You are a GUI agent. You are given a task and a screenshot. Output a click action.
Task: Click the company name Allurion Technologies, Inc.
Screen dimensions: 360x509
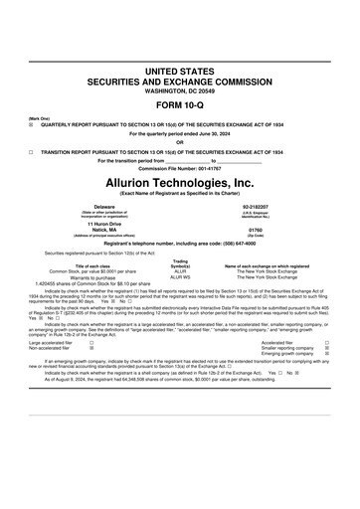coord(179,183)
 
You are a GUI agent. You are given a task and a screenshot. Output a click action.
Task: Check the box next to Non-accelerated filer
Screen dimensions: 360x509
coord(91,348)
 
